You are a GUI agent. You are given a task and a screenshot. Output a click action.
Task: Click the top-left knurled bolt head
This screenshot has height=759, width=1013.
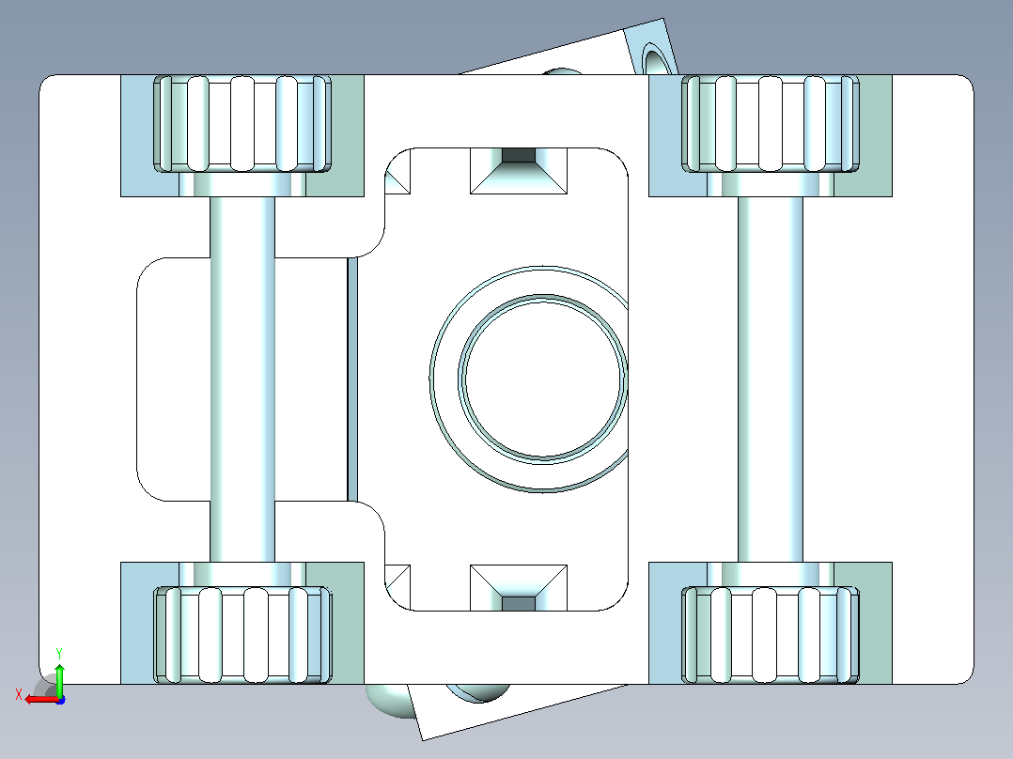pos(242,124)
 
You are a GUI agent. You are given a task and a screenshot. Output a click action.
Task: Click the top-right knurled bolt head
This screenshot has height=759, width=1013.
pos(771,124)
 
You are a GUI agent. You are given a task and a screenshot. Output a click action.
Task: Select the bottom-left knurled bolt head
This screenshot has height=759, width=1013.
pos(242,635)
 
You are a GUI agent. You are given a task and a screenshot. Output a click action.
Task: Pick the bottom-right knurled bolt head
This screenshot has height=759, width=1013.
pos(771,635)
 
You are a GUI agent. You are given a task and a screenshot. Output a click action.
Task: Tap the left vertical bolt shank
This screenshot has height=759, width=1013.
pos(242,379)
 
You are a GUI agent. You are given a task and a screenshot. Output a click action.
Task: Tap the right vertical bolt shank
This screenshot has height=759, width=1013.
pos(771,379)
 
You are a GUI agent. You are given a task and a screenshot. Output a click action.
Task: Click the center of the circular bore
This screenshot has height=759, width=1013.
pos(543,379)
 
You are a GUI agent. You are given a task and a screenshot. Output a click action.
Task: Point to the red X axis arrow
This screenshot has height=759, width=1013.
pos(42,699)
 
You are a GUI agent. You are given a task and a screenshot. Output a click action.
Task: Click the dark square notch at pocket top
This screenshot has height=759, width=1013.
pos(519,155)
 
